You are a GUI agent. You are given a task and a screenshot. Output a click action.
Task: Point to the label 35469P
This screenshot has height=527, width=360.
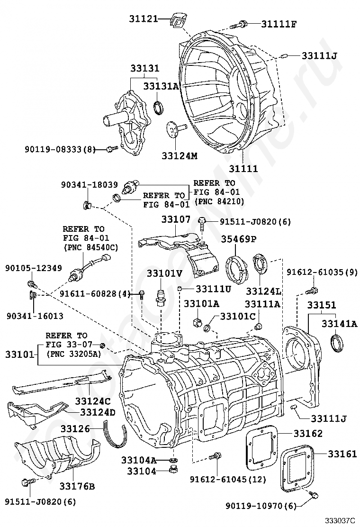[240, 239]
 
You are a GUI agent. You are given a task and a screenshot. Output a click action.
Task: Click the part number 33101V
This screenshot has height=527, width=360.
[164, 273]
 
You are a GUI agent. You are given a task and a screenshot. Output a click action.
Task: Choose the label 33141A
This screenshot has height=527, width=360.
[339, 324]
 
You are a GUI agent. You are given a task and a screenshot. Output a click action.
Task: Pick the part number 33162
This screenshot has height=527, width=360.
[308, 433]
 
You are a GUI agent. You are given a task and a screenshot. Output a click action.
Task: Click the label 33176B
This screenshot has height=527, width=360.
[77, 486]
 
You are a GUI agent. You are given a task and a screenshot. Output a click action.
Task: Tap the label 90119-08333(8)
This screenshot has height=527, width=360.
[60, 150]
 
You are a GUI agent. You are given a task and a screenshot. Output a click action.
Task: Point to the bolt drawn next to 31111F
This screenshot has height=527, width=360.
[239, 24]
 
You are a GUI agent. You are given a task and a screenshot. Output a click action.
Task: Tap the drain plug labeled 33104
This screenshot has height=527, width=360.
[174, 470]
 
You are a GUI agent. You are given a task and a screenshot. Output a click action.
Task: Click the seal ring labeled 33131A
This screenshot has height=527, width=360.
[160, 108]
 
